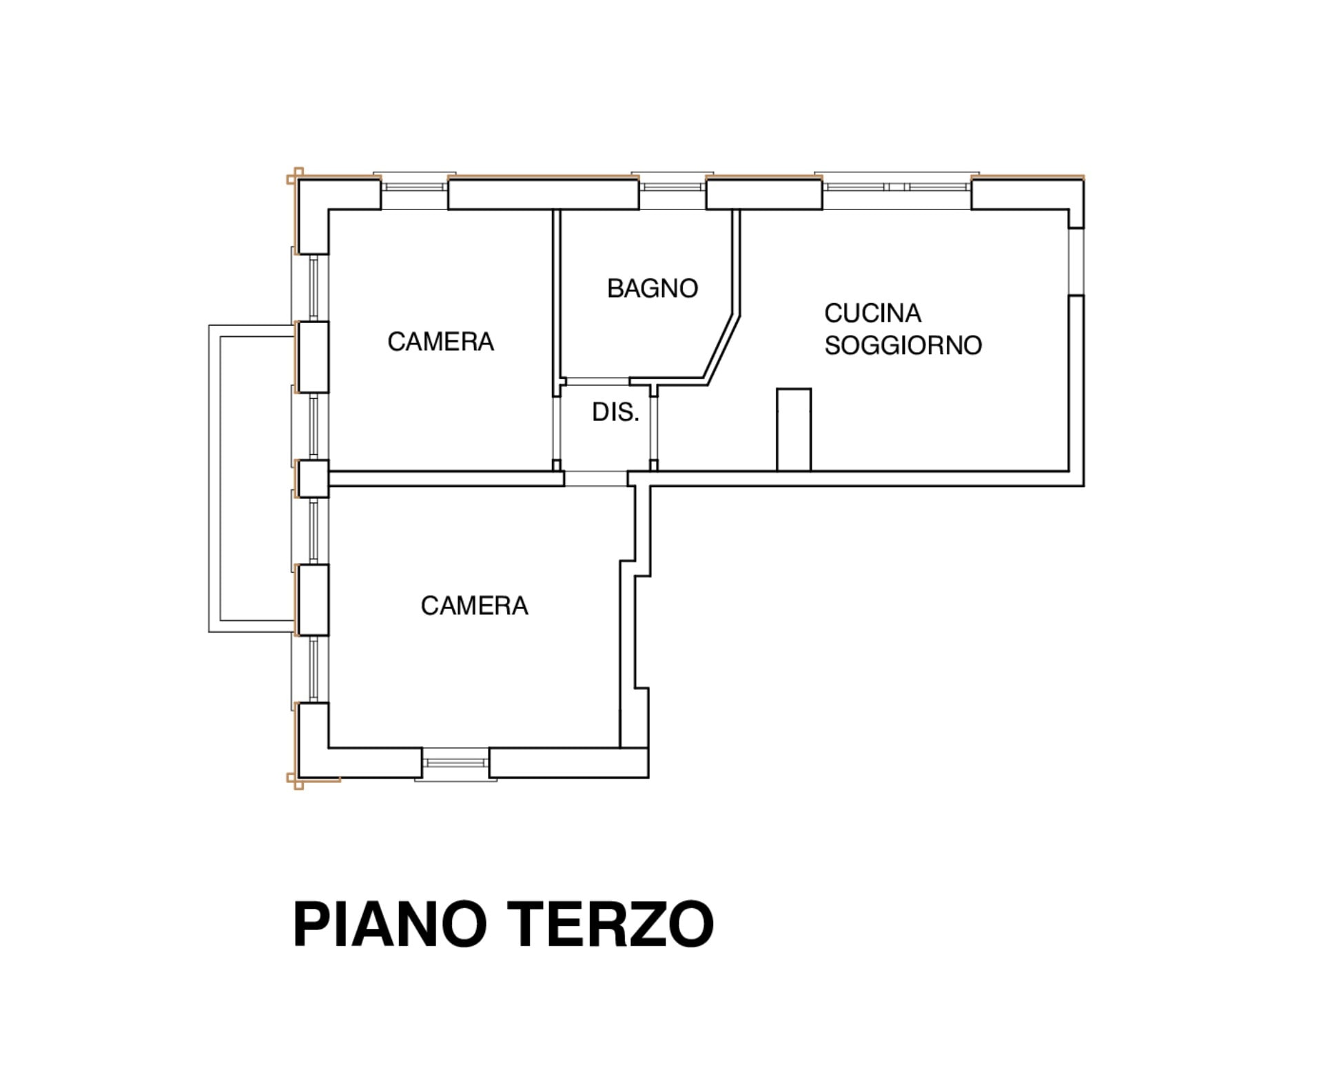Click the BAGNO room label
(x=652, y=288)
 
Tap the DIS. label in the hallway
(x=615, y=412)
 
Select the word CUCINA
(x=872, y=314)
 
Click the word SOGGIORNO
(x=903, y=345)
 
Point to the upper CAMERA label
(x=440, y=342)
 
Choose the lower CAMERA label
(x=474, y=606)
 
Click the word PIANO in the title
(x=390, y=925)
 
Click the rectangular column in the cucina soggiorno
(x=794, y=429)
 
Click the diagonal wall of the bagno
(x=721, y=348)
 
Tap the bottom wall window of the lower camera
(x=455, y=764)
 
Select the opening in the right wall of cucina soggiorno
(x=1076, y=262)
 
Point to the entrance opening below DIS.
(x=596, y=479)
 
